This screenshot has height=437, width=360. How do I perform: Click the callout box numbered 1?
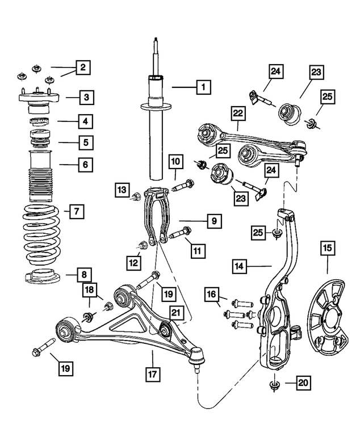(203, 87)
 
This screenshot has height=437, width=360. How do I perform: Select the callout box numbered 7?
(77, 211)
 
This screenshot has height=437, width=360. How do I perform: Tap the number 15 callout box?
(328, 247)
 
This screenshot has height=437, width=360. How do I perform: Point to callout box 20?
(303, 383)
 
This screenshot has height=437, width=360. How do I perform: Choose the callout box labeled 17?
(153, 374)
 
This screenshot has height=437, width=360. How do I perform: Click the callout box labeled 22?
(238, 114)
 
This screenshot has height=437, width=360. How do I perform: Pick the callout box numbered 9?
(214, 221)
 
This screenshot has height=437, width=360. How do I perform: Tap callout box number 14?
(239, 266)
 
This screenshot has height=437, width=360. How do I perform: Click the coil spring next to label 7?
(41, 235)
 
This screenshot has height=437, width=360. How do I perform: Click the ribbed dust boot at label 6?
(41, 176)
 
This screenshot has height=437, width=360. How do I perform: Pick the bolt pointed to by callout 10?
(183, 186)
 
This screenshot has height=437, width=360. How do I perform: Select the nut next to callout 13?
(136, 197)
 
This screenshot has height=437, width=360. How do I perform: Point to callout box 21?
(175, 313)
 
